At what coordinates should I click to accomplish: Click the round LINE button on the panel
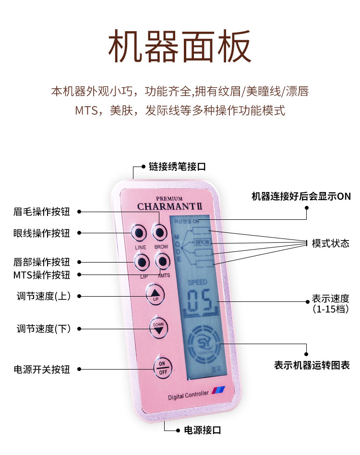pos(139,233)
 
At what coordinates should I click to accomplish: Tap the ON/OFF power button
pos(162,367)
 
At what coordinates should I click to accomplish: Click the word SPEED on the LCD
pos(197,282)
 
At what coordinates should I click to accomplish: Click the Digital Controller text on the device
pos(188,395)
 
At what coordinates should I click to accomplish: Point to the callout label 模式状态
pos(330,243)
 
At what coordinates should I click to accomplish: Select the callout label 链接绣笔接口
pos(177,167)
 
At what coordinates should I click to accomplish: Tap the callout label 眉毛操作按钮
pos(42,212)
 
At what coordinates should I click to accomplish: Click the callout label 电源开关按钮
pos(42,370)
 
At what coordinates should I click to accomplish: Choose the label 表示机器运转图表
pos(312,365)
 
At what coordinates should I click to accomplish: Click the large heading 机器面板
pos(180,47)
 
